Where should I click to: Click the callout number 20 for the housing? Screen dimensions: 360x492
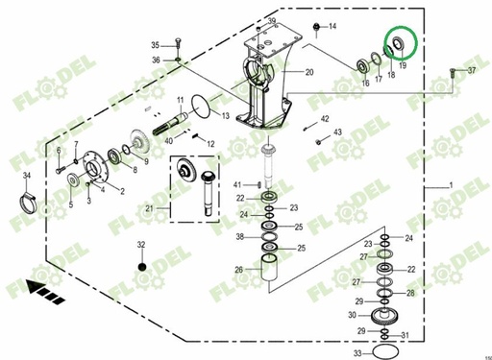click(x=309, y=73)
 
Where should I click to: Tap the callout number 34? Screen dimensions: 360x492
click(x=27, y=175)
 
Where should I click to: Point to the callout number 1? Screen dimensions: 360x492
click(x=451, y=183)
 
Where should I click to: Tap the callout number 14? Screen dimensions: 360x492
click(x=333, y=26)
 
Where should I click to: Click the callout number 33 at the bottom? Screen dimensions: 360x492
click(x=357, y=354)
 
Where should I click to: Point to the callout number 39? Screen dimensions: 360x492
click(x=272, y=22)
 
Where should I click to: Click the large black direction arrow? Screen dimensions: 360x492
click(x=43, y=285)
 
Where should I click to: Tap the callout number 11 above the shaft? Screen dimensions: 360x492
click(x=180, y=101)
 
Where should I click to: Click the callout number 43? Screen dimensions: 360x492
click(x=337, y=132)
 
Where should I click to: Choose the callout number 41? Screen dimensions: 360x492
click(x=235, y=183)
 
